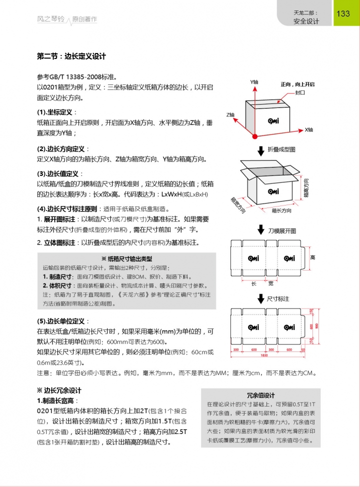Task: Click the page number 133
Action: pos(343,13)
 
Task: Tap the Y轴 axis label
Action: pos(254,81)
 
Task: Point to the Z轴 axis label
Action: pos(230,114)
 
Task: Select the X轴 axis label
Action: pos(309,129)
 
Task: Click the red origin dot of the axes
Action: pos(255,135)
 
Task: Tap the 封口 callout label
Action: pos(300,93)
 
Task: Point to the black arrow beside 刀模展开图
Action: pos(260,230)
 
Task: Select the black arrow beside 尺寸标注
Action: pos(260,298)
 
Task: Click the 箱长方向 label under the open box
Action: pos(281,211)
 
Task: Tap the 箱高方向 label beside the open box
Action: pos(305,188)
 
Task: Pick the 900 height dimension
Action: pos(315,326)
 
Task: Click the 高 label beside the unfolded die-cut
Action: pos(312,257)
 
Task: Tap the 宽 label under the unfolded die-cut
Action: pos(270,283)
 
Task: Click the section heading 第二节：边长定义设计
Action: pos(71,56)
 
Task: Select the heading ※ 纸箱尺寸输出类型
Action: pos(126,258)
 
